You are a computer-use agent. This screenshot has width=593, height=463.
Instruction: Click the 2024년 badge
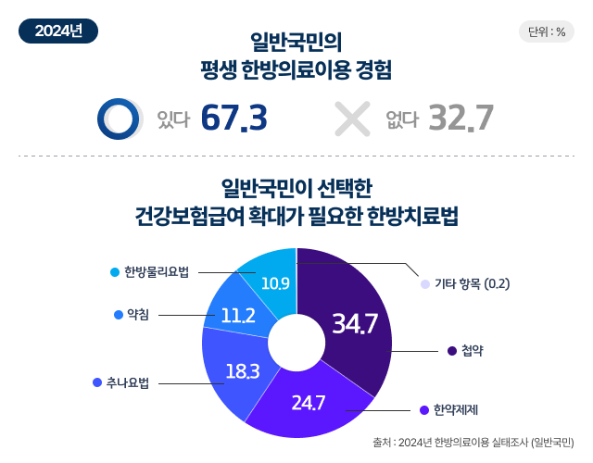pos(58,30)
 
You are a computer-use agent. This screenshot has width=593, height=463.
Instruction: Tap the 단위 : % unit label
pos(547,31)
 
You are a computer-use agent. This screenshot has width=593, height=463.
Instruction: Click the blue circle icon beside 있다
pos(119,118)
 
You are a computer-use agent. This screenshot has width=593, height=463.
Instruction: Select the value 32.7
pos(461,119)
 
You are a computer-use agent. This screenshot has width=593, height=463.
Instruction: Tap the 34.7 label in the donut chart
pos(355,324)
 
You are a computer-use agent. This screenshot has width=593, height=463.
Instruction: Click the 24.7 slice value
pos(308,403)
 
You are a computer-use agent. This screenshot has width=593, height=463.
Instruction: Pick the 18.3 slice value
pos(242,371)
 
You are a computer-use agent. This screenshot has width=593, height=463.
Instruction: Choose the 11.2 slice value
pos(238,315)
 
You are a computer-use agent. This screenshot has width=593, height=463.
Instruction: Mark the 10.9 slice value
pos(276,282)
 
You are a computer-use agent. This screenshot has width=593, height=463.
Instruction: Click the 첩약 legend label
pos(471,351)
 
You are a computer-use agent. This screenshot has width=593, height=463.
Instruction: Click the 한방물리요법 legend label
pos(157,271)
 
